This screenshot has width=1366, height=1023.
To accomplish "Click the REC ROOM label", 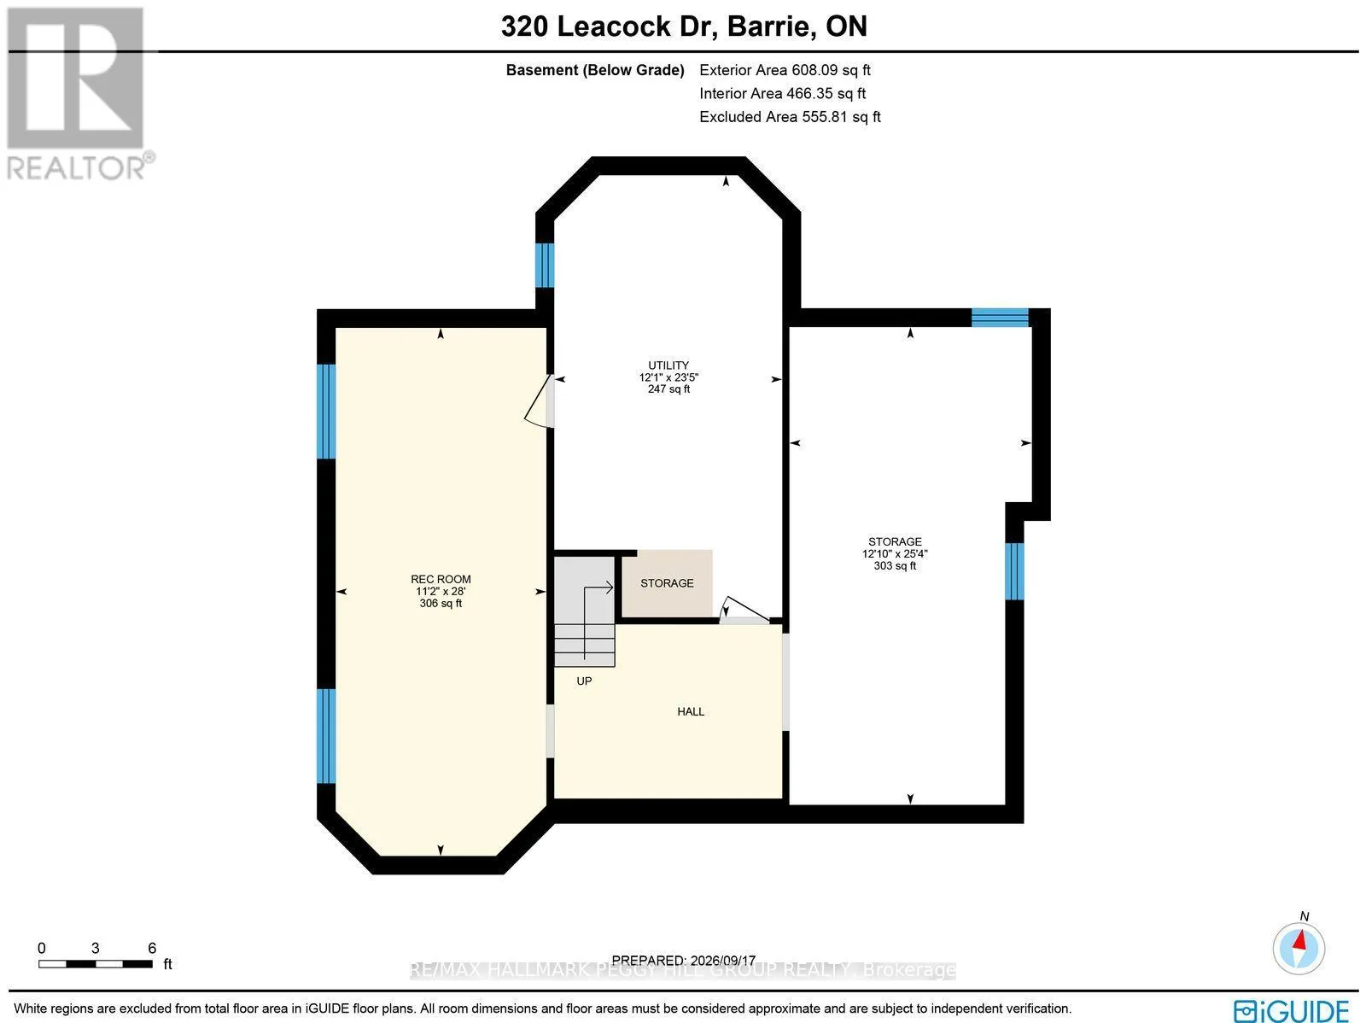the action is coord(441,579).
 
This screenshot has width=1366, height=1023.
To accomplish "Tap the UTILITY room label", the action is coord(668,365).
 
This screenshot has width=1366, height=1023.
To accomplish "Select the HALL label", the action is coord(691,711).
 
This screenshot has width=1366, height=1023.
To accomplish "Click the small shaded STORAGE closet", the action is coord(667,583).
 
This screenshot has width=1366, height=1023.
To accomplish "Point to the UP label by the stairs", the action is coord(584,681).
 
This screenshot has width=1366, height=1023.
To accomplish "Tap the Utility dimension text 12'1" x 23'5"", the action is coord(668,377).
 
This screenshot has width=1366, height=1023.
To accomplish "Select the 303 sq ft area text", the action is coord(895,565).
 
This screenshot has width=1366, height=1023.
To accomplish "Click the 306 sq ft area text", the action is coord(441,603).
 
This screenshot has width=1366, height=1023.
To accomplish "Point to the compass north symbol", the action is coord(1299,949).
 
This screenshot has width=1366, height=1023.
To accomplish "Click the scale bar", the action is coord(96,964).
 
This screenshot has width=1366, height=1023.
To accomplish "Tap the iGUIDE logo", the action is coord(1292,1010).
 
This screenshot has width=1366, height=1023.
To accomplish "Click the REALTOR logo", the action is coord(77,94).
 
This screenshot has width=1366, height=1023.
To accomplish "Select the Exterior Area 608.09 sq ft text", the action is coord(785,70).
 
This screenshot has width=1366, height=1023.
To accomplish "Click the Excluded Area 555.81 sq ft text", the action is coord(790,116).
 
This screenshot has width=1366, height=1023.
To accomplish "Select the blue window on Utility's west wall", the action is coord(545,265).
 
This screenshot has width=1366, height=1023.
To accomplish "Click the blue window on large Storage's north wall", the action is coord(1000,318).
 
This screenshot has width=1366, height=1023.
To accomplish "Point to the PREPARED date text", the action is coord(683,960).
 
